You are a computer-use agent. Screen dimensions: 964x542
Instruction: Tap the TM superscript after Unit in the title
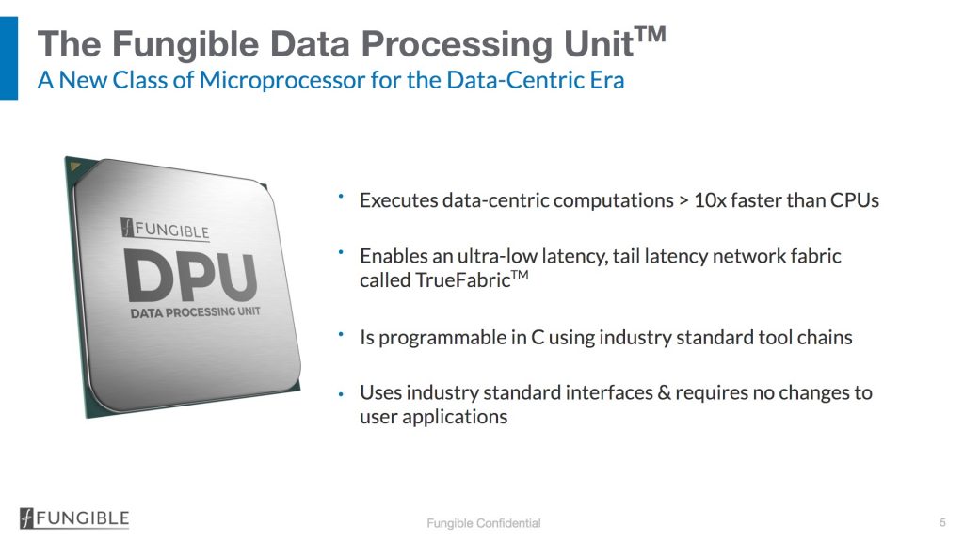pyautogui.click(x=651, y=34)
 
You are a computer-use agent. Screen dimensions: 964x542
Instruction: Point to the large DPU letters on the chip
pyautogui.click(x=190, y=278)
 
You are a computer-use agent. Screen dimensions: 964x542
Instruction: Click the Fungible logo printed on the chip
pyautogui.click(x=166, y=230)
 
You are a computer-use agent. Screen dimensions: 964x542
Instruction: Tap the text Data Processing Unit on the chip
pyautogui.click(x=196, y=312)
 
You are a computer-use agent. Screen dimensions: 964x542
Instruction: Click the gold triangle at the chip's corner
pyautogui.click(x=76, y=166)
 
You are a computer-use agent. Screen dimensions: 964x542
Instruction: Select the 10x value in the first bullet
pyautogui.click(x=710, y=200)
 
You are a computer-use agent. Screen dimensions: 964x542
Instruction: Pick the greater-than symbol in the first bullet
pyautogui.click(x=683, y=201)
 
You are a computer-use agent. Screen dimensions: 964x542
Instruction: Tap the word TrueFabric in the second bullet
pyautogui.click(x=463, y=280)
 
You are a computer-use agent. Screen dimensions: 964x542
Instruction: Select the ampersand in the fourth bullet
pyautogui.click(x=664, y=392)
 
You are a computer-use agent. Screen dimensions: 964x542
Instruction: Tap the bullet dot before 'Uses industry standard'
pyautogui.click(x=341, y=394)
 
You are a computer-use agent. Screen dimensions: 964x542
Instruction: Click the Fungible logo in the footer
pyautogui.click(x=74, y=518)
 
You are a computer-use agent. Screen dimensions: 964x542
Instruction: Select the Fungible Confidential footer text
pyautogui.click(x=484, y=523)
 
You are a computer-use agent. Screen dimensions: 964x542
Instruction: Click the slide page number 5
pyautogui.click(x=942, y=522)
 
